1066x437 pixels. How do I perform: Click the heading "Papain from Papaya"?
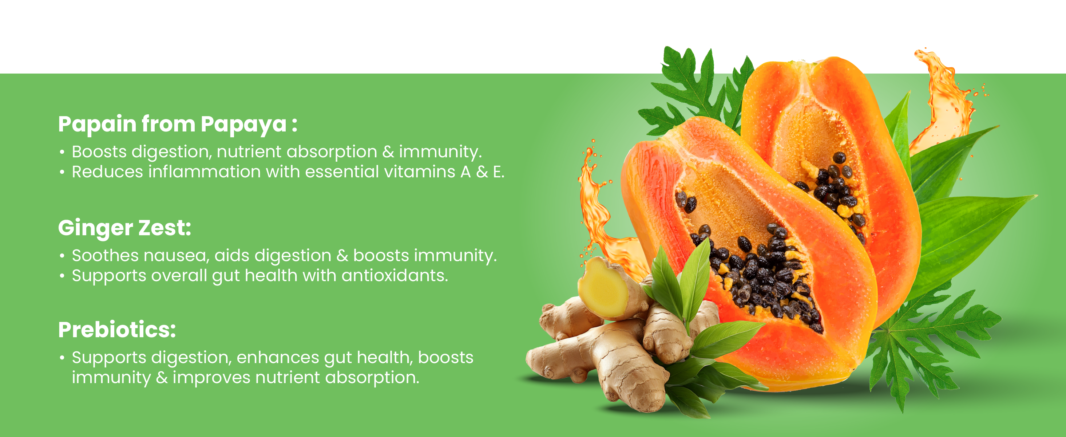click(x=173, y=124)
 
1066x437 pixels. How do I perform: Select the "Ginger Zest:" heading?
click(x=124, y=228)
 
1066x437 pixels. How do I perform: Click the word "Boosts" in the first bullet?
click(x=99, y=151)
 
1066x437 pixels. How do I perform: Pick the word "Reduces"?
click(x=108, y=172)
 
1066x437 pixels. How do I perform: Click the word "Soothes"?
click(x=105, y=256)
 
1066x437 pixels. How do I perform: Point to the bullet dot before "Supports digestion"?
click(x=62, y=358)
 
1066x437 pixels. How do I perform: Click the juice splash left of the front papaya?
click(x=600, y=207)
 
